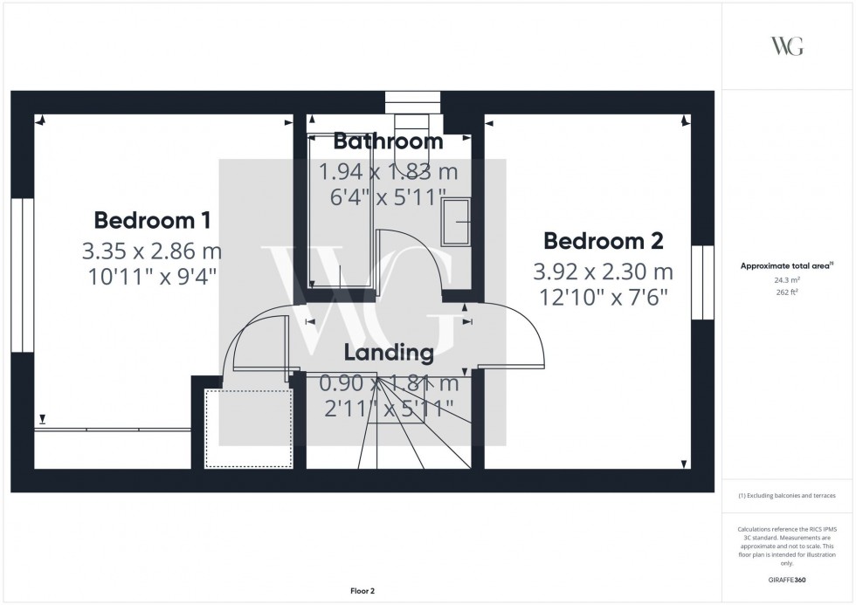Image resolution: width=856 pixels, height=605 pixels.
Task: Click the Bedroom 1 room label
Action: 152,219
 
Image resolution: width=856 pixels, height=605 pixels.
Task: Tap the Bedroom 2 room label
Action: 604,240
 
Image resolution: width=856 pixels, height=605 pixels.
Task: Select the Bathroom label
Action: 389,141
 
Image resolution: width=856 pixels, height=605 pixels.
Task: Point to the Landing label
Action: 389,353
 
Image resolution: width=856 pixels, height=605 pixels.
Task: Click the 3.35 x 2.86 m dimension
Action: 152,251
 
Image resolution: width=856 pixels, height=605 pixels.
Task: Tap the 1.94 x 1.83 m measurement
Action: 389,171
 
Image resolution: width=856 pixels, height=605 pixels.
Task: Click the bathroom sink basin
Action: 457,220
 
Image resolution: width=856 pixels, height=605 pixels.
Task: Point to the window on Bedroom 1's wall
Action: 22,275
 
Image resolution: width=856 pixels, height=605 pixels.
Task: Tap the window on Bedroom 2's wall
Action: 702,282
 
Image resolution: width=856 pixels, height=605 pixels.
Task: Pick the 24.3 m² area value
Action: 786,279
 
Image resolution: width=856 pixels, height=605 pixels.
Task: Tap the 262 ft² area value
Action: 786,292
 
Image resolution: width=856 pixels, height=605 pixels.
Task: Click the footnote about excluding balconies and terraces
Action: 786,495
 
